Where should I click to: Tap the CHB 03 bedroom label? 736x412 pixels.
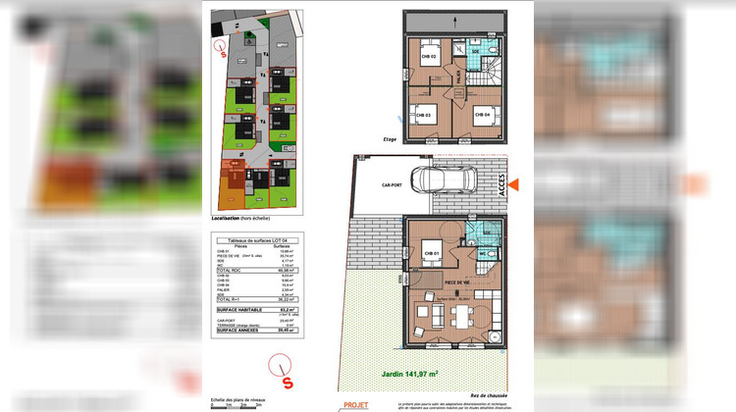coord(421,115)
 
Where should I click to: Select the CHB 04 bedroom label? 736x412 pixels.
coord(482,115)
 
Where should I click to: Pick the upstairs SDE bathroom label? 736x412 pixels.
coord(475,51)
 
